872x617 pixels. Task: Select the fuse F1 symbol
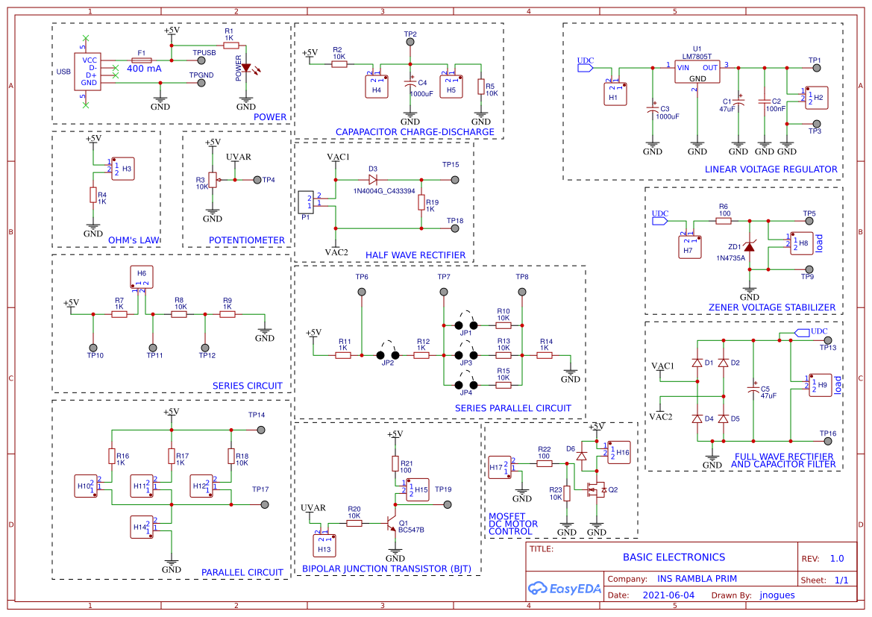point(142,60)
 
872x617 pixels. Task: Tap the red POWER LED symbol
point(246,68)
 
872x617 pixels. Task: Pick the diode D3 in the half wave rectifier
point(373,179)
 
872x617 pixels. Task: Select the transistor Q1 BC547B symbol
point(392,524)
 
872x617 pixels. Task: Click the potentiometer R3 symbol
point(213,180)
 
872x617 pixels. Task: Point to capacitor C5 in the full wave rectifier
point(753,389)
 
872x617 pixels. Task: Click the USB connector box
point(89,72)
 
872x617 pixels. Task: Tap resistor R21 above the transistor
point(395,463)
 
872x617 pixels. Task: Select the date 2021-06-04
point(668,595)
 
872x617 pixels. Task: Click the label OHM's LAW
point(134,240)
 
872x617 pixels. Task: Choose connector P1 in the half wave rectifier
point(306,202)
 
